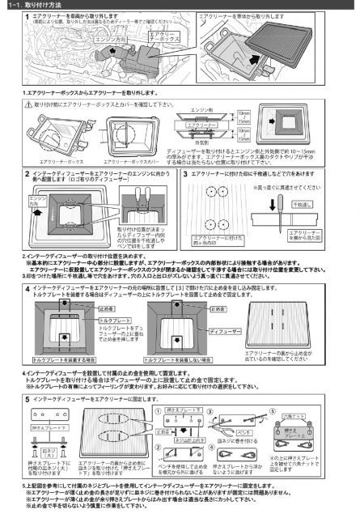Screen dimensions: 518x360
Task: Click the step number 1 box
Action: (x=7, y=16)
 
